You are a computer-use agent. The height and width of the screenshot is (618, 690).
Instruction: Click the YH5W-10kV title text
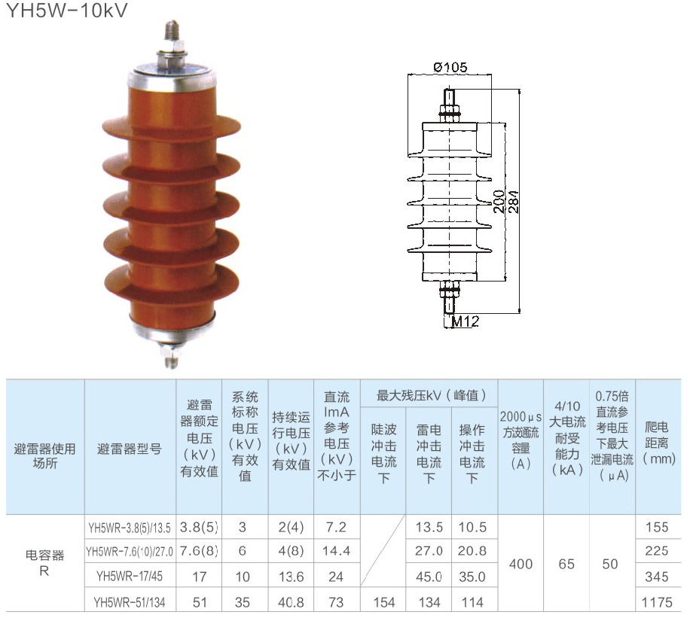67,10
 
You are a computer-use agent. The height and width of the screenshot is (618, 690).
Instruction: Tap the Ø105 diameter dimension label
450,67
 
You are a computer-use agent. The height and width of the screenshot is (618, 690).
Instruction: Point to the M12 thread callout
466,321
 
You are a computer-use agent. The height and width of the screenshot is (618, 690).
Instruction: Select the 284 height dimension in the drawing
514,202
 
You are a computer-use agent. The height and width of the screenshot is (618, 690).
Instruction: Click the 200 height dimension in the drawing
499,202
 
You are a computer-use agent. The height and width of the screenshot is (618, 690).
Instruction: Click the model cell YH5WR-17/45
130,576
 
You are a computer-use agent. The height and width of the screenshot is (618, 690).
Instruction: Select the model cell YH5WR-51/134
130,602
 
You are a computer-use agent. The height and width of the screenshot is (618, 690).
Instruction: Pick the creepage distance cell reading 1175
657,602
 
